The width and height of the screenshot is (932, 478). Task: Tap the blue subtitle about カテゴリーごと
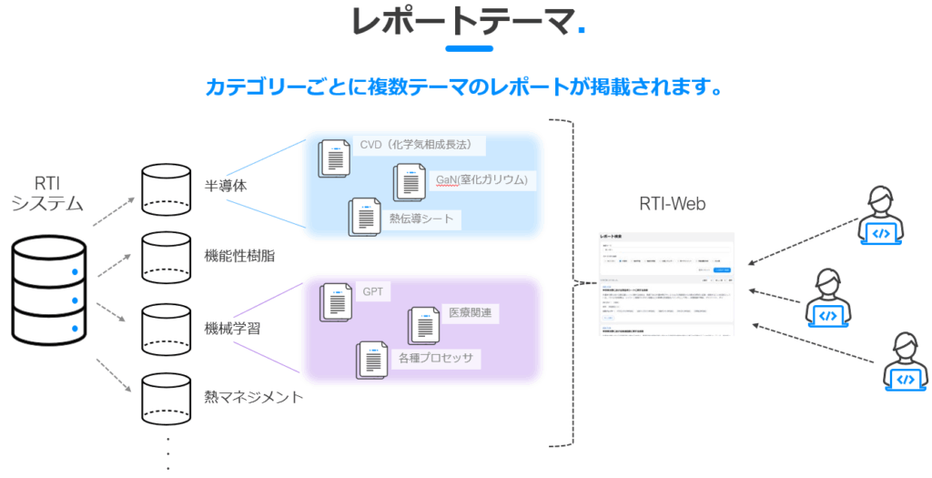(465, 88)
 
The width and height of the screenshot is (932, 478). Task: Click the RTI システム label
(47, 193)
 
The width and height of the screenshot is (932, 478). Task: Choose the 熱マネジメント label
(254, 397)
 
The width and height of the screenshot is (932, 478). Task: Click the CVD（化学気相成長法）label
(420, 145)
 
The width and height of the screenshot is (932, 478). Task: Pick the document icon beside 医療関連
(425, 325)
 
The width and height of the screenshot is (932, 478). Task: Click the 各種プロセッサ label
(435, 358)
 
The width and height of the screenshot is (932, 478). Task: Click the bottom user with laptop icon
(904, 362)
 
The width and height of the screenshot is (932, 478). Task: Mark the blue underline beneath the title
(471, 48)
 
